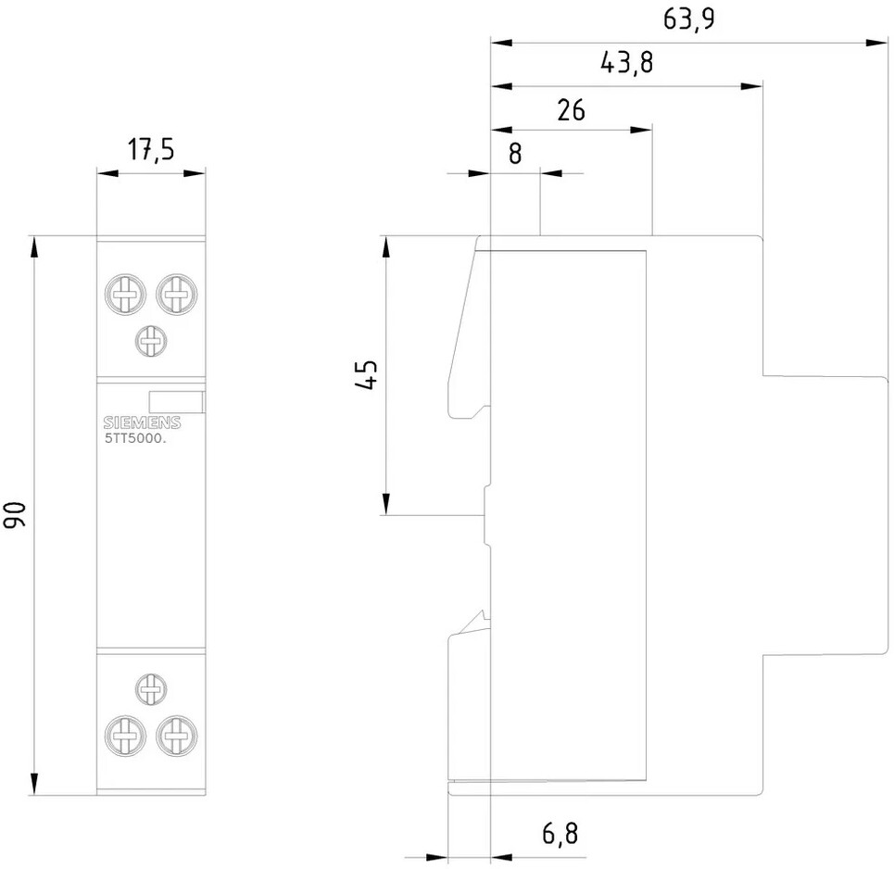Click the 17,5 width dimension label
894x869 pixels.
(x=151, y=150)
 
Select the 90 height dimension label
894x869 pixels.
(x=16, y=516)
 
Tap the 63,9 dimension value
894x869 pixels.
(x=688, y=19)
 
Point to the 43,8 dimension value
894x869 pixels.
(x=626, y=63)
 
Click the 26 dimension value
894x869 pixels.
(x=572, y=110)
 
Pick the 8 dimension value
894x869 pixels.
(x=515, y=154)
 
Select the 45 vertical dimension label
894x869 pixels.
(x=367, y=375)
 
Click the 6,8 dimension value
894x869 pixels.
(x=559, y=834)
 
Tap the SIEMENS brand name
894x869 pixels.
(x=141, y=423)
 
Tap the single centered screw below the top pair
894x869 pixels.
(x=150, y=341)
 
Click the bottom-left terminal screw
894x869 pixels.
(x=125, y=737)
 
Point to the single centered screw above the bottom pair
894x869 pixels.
(x=150, y=689)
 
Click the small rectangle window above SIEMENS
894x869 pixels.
(x=175, y=402)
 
